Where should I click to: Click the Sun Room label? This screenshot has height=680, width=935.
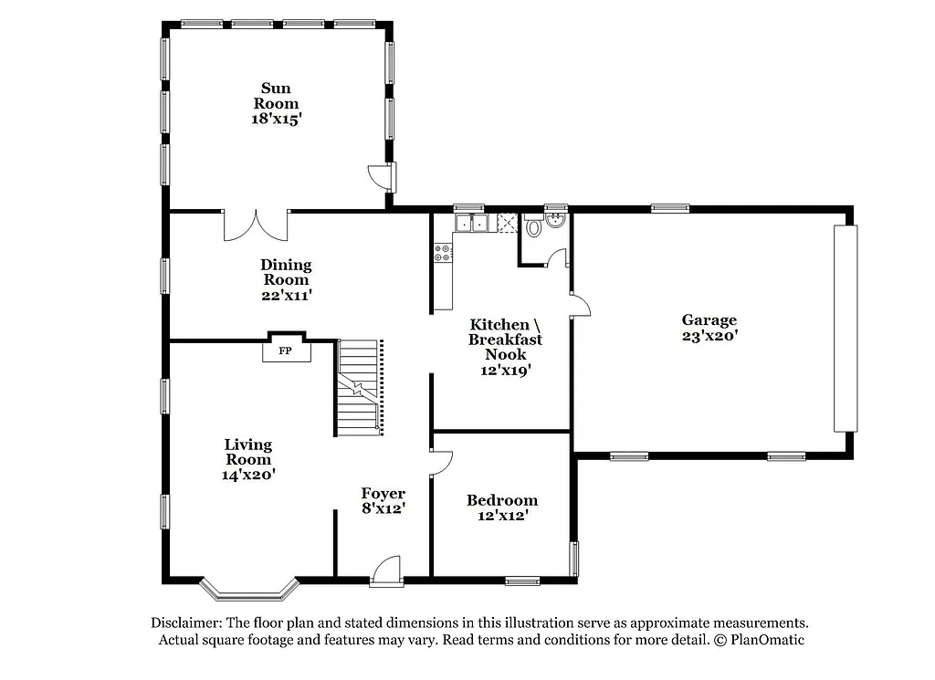click(x=276, y=96)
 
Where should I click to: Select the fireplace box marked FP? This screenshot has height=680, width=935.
click(x=285, y=350)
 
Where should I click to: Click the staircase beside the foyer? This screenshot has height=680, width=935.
click(x=358, y=388)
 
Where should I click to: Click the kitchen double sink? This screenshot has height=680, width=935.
click(x=472, y=223)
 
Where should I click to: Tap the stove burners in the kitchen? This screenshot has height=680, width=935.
click(x=443, y=253)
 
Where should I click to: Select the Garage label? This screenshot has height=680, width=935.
click(x=709, y=319)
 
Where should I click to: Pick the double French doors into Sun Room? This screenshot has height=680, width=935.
click(x=256, y=225)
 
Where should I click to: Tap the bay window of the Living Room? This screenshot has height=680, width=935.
click(x=249, y=589)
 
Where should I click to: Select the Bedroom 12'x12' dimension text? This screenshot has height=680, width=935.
click(x=501, y=516)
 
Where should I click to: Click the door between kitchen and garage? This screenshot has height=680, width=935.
click(x=579, y=306)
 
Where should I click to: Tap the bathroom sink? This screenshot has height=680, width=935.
click(x=554, y=219)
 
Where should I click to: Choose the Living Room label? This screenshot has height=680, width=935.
click(x=248, y=452)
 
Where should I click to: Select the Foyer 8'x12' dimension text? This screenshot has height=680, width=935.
click(x=383, y=508)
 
